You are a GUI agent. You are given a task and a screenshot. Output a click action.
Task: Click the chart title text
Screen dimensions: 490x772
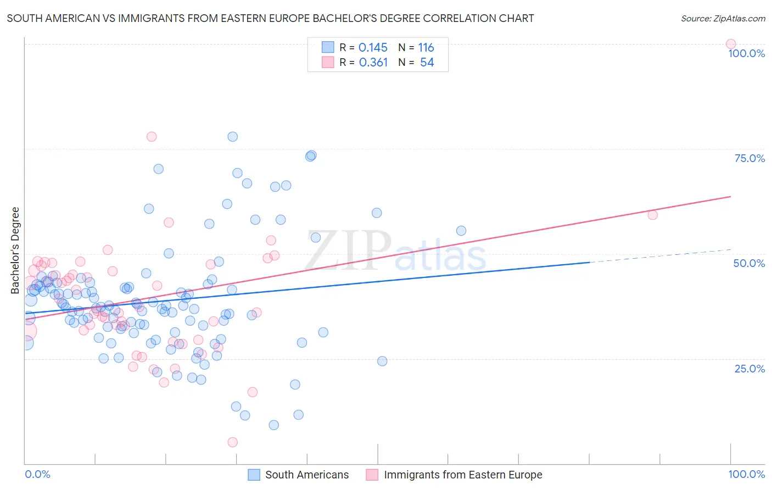(270, 19)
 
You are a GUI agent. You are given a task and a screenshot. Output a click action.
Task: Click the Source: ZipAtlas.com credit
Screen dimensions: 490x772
(723, 19)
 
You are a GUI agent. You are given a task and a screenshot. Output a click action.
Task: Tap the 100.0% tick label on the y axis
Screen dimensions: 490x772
(746, 53)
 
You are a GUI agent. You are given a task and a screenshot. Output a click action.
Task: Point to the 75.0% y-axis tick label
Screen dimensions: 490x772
(749, 158)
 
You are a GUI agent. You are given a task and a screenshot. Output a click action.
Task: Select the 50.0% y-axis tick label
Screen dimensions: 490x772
(749, 263)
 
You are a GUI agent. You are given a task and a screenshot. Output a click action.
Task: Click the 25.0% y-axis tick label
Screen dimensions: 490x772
(749, 369)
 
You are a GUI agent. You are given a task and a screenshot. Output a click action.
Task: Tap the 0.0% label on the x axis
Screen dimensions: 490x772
(38, 474)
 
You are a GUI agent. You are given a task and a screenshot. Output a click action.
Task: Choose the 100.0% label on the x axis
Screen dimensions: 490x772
(746, 474)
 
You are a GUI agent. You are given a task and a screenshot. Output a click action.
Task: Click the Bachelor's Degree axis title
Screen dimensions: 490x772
(15, 250)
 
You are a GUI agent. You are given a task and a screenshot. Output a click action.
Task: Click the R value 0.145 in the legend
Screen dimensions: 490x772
(373, 48)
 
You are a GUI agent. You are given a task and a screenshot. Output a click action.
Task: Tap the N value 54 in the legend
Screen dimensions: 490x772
(427, 63)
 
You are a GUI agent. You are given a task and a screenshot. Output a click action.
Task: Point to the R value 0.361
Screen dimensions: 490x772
(373, 63)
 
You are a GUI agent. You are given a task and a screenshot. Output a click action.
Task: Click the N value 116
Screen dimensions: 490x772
(426, 48)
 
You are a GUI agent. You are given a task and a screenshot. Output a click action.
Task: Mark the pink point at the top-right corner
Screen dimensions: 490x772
(730, 44)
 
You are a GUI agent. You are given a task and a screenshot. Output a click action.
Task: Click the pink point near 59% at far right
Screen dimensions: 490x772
(652, 215)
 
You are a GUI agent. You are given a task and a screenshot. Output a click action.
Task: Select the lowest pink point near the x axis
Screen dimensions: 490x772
(232, 442)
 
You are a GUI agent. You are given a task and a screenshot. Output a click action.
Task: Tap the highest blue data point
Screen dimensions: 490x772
(232, 137)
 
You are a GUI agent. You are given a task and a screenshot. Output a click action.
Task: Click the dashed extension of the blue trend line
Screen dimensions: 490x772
(659, 256)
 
